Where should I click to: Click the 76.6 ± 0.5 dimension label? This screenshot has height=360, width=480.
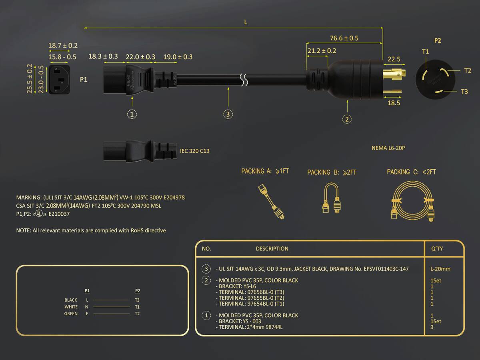[344, 38]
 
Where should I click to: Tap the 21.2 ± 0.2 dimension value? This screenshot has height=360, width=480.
[322, 51]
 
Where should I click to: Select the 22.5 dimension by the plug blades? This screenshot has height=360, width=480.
[394, 59]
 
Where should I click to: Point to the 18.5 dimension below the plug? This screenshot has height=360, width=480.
[394, 103]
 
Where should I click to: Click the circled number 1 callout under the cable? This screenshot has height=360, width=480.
[132, 114]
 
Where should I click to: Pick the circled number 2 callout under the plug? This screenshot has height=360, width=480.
[347, 119]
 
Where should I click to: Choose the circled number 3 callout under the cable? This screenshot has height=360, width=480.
[228, 114]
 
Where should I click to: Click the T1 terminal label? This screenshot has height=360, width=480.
[425, 52]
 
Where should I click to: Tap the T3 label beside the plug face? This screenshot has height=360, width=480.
[464, 91]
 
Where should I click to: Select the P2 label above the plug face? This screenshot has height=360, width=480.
[438, 40]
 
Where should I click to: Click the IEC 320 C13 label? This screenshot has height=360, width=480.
[195, 151]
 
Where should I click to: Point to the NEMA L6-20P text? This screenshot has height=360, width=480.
[388, 148]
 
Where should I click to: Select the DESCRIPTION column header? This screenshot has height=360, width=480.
[272, 248]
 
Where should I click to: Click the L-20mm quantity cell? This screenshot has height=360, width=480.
[440, 269]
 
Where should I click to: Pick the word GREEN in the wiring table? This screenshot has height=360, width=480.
[71, 314]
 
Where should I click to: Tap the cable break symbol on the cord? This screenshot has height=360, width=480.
[244, 80]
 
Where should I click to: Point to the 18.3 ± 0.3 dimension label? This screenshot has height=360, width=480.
[103, 56]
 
